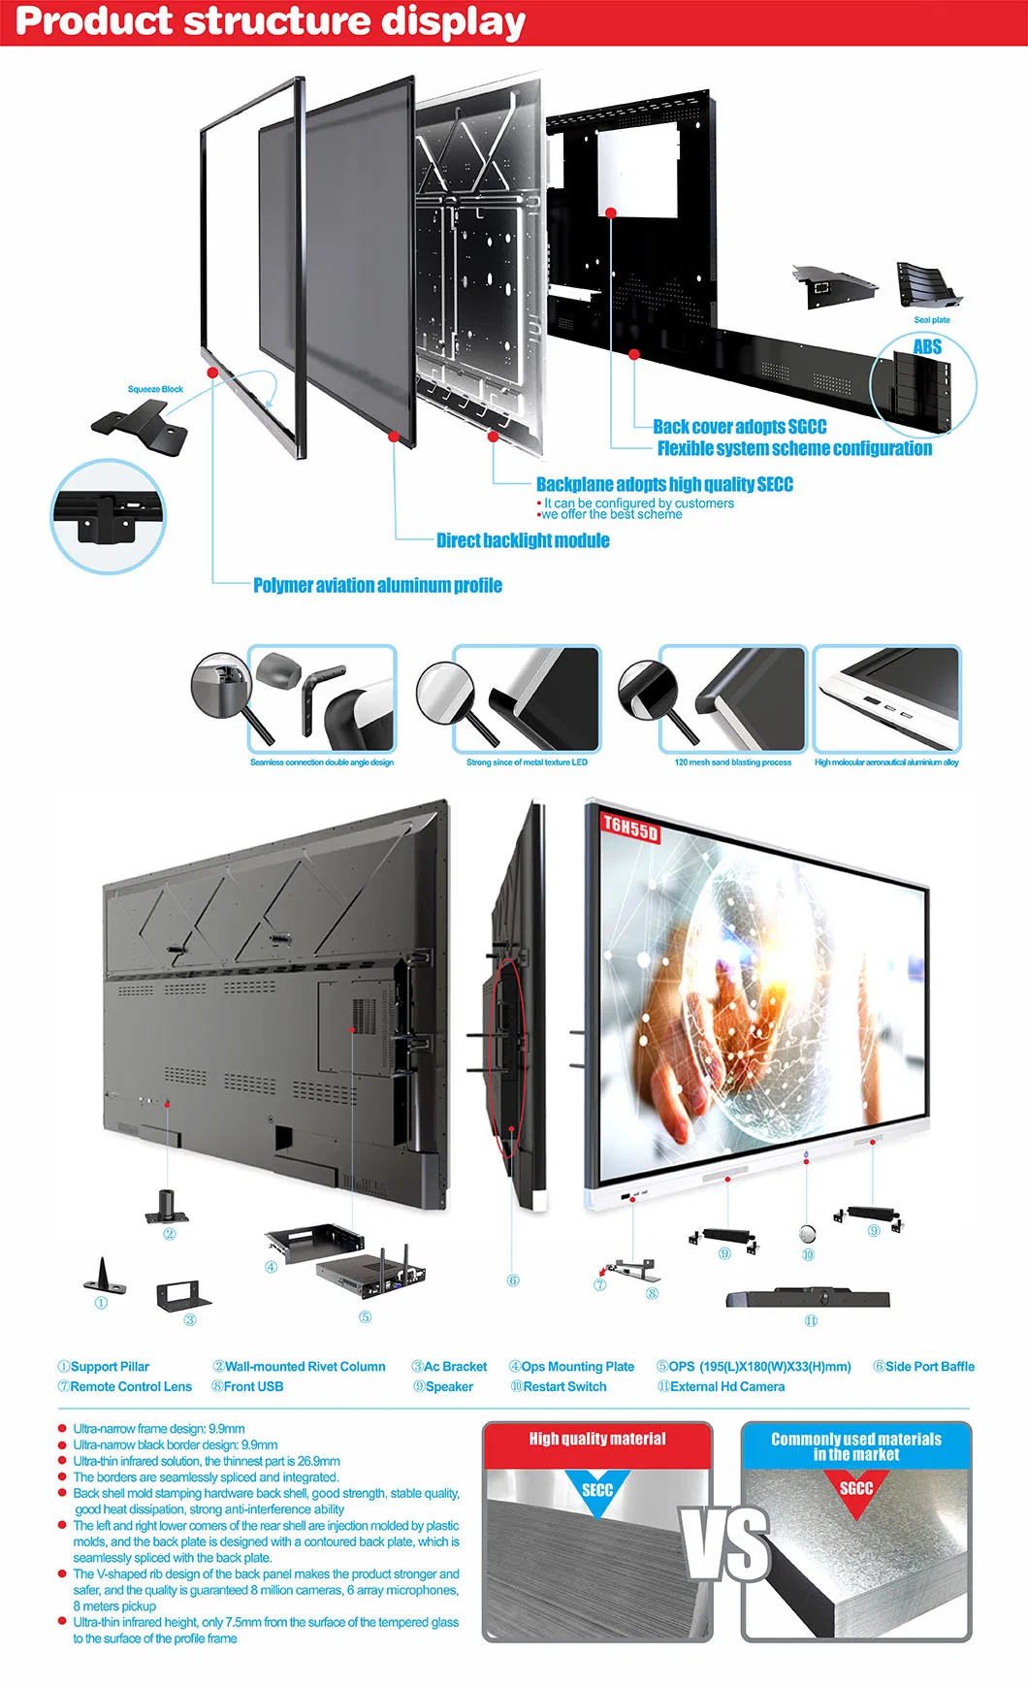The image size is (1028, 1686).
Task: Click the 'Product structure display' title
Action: coord(271,22)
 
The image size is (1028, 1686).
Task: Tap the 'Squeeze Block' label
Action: coord(155,389)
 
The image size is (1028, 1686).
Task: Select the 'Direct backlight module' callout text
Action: coord(523,540)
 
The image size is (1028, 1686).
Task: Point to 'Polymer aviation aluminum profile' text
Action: coord(377,585)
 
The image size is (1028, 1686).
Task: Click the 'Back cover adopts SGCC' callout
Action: coord(739,427)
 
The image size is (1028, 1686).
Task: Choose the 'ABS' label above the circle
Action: coord(927,346)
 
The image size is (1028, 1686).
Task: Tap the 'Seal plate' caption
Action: coord(932,320)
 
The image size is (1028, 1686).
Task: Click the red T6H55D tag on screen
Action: coord(630,827)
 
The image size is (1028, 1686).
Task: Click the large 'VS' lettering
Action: coord(727,1542)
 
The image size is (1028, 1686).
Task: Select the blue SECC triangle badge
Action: coord(597,1490)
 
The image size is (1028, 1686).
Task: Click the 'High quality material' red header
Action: coord(597,1439)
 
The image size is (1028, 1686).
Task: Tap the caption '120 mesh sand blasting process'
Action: coord(733,762)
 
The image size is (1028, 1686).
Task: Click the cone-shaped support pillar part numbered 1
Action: coord(103,1277)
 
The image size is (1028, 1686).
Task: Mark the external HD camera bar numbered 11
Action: coord(808,1298)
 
